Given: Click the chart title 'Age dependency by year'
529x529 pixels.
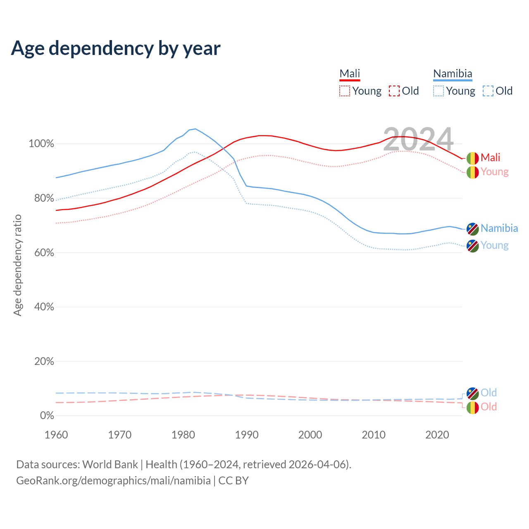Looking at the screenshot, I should click(116, 48).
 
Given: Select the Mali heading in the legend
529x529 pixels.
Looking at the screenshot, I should click(350, 74).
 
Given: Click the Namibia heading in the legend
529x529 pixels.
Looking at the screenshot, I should click(453, 74).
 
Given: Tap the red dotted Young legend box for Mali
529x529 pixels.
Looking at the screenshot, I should click(345, 91).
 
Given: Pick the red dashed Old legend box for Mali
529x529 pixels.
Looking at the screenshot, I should click(394, 91).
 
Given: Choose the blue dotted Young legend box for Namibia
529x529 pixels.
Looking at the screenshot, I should click(438, 91).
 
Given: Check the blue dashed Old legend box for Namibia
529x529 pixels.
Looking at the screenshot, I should click(488, 91).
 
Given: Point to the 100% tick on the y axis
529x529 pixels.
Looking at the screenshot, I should click(41, 144).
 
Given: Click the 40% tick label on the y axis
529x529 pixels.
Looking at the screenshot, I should click(44, 307).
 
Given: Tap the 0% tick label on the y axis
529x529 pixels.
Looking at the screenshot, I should click(47, 416).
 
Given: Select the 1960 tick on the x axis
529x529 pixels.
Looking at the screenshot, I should click(56, 435).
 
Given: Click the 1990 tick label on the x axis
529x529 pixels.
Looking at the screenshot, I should click(247, 435).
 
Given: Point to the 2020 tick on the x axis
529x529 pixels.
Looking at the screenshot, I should click(437, 435).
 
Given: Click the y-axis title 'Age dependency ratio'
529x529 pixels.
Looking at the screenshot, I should click(17, 265).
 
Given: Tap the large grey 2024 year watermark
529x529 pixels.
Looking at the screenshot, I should click(418, 139).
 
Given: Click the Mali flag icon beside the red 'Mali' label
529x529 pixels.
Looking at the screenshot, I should click(473, 158).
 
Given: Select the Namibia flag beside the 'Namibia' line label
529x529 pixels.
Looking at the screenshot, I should click(473, 229).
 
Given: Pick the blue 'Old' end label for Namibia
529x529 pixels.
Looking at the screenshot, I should click(488, 393).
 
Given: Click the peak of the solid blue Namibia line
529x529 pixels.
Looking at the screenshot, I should click(195, 129).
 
